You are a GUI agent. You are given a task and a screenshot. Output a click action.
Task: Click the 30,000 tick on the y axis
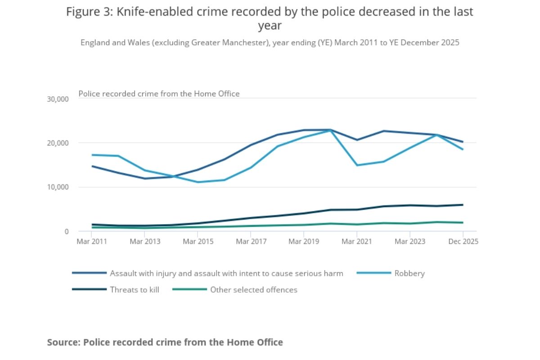point(58,99)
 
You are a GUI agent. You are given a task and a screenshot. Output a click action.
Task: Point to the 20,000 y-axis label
point(58,143)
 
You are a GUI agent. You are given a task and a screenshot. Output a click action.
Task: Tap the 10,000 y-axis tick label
point(58,187)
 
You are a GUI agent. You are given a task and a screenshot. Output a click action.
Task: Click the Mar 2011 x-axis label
point(92,242)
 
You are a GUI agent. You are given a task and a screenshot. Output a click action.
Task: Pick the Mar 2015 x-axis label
point(198,242)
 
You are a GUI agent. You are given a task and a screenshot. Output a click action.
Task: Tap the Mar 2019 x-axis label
point(304,242)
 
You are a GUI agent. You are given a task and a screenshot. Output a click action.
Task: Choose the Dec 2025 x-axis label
point(463,242)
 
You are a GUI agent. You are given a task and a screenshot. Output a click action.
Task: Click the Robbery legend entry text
point(409,273)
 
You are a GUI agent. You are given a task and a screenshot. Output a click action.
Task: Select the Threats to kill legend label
point(135,290)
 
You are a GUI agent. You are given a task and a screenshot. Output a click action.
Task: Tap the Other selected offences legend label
point(254,290)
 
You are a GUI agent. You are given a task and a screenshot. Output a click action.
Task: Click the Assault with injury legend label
point(226,273)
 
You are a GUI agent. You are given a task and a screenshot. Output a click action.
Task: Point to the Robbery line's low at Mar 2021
point(357,165)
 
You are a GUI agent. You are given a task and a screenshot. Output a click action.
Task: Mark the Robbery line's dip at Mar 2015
point(198,182)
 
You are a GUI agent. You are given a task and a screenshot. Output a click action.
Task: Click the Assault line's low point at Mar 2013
point(145,179)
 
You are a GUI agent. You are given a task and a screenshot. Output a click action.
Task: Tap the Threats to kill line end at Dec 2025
point(463,205)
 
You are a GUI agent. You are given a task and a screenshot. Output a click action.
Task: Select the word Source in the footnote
point(63,342)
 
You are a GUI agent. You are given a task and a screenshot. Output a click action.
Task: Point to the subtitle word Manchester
point(246,43)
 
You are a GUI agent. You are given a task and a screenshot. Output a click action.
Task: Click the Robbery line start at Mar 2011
point(92,155)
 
